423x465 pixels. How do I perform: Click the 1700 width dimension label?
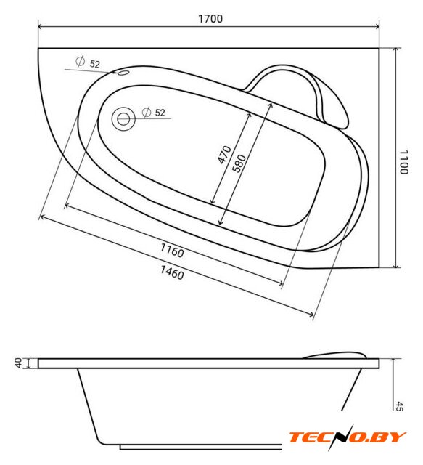210,19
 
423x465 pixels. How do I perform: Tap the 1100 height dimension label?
404,162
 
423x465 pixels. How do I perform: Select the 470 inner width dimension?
224,155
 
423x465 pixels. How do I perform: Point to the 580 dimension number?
239,163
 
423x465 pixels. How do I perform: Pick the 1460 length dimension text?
172,272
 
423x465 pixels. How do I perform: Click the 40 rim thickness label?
19,363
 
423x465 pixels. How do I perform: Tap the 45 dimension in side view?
400,406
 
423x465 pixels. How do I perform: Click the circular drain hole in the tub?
123,119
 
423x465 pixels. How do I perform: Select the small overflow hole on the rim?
123,73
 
